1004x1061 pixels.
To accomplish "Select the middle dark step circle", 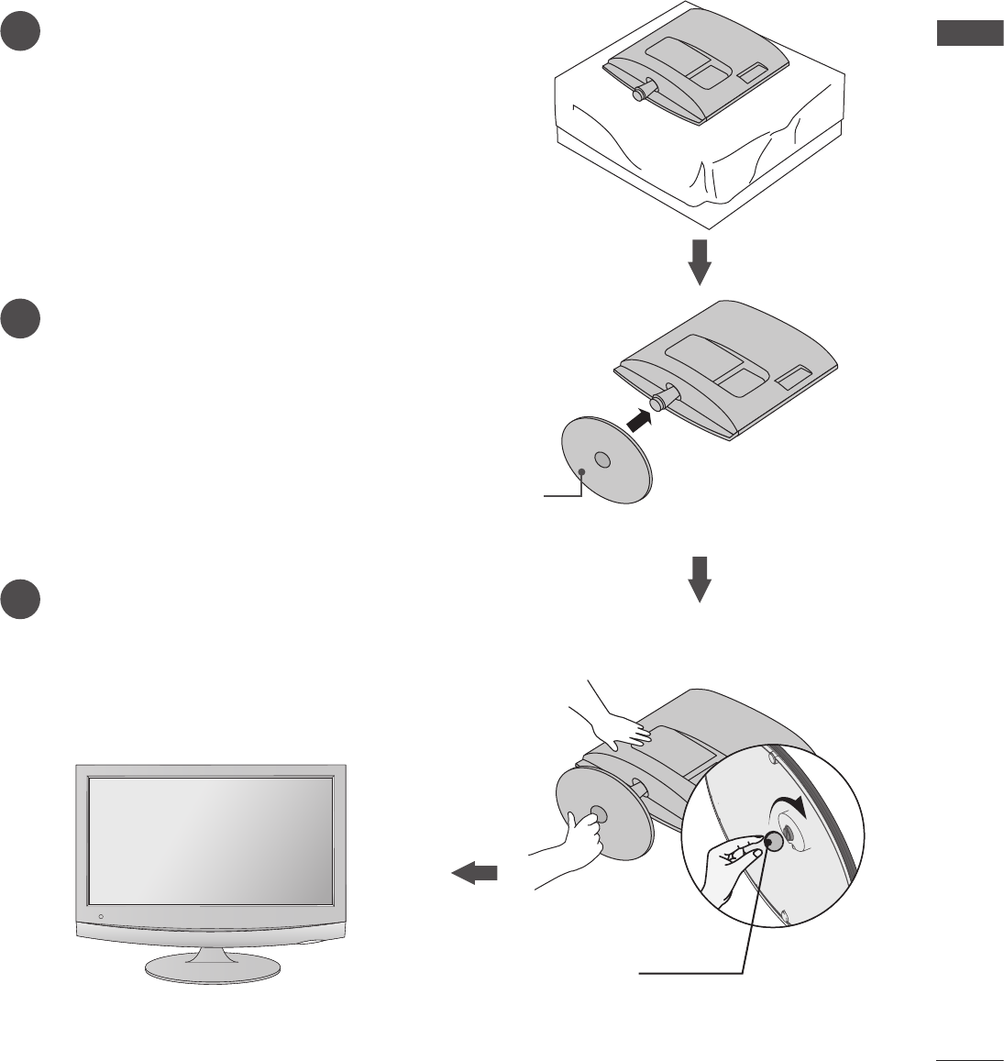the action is tap(18, 316).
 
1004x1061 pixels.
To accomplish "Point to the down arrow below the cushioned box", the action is tap(700, 261).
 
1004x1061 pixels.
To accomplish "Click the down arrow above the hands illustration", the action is tap(700, 578).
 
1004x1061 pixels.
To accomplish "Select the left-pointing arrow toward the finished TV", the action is tap(475, 874).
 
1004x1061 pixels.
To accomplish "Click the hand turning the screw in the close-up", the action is tap(734, 855).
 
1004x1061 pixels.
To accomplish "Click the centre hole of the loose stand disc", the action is tap(601, 459).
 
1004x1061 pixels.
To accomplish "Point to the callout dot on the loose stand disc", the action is tap(584, 471).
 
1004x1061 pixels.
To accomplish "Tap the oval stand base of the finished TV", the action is tap(212, 967).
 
